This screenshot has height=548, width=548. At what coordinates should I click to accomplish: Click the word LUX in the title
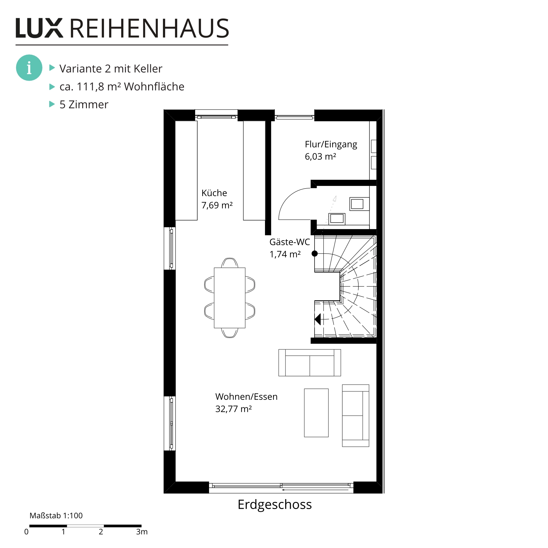point(39,28)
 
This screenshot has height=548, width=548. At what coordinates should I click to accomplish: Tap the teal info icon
point(29,68)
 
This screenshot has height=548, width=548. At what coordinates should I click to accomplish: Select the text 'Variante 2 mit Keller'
point(111,69)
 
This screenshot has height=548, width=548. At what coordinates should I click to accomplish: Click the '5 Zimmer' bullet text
point(84,105)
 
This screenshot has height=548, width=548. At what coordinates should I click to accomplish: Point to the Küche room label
point(214,193)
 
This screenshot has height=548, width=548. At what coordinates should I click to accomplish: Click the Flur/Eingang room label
point(331,145)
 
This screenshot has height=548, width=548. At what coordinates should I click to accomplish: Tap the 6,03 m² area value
point(320,156)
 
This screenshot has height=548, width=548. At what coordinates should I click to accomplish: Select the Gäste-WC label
point(289,242)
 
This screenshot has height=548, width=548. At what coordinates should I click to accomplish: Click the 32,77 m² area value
point(233,409)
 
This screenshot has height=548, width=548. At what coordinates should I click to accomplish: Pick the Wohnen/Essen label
point(246,397)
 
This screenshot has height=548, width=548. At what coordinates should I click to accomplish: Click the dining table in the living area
point(230,298)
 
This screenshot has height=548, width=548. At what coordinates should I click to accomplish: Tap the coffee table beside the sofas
point(316,413)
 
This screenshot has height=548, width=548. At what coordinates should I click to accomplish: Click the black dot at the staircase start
point(315,254)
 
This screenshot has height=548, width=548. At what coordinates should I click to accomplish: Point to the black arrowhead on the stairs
point(318,319)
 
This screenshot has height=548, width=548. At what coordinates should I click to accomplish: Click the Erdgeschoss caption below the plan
point(275,504)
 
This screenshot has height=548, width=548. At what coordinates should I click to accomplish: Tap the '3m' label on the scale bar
point(142,532)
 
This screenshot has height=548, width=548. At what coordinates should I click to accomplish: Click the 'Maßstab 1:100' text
point(56,516)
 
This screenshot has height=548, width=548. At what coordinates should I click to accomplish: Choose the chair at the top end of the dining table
point(230,263)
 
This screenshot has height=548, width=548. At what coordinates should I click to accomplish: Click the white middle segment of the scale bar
point(85,526)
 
